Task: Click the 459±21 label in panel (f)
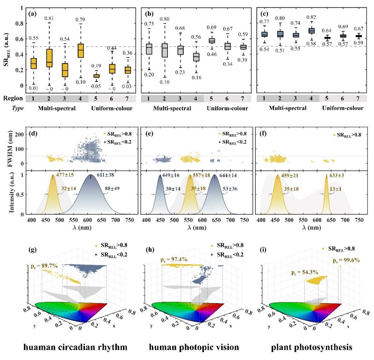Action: coord(295,177)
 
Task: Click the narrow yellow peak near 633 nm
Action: coord(326,196)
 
